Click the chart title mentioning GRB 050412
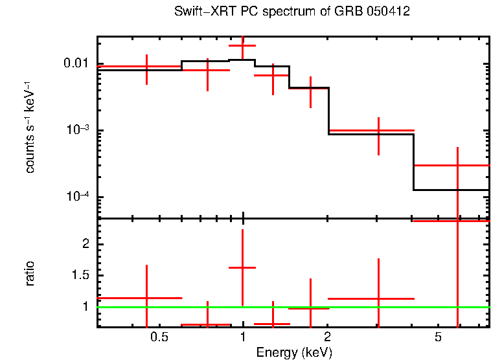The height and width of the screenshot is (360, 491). [x=292, y=12]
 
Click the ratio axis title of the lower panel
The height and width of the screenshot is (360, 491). [x=30, y=273]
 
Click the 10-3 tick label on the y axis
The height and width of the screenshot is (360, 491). [x=78, y=130]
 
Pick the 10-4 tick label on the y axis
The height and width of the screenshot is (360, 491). [x=78, y=197]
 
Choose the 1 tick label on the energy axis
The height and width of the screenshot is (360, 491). [x=243, y=337]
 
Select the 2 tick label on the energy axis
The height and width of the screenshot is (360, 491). [x=328, y=337]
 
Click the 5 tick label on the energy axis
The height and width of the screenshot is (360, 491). [x=439, y=337]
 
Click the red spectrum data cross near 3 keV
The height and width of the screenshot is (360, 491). [x=378, y=130]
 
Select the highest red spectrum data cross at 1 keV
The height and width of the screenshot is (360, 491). [x=243, y=45]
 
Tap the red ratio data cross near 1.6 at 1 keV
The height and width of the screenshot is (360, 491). [x=243, y=267]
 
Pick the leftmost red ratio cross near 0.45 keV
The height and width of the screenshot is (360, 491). [x=147, y=298]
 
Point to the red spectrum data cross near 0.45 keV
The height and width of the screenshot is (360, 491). [x=147, y=66]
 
